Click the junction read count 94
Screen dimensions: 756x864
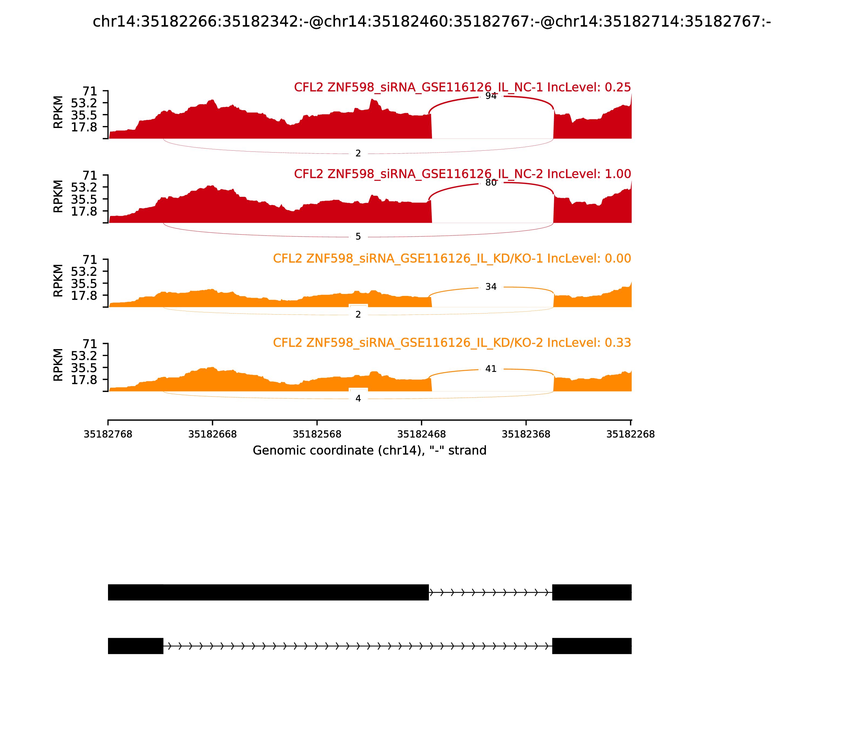click(x=491, y=96)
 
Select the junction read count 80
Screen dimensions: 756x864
click(x=491, y=183)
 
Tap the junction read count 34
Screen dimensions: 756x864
click(x=491, y=287)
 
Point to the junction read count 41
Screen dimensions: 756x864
click(x=491, y=369)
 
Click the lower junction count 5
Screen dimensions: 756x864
click(x=358, y=237)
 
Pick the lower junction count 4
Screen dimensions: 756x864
click(x=358, y=399)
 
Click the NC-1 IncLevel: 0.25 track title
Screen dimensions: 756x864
click(x=462, y=87)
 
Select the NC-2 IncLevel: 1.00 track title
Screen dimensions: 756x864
click(x=462, y=174)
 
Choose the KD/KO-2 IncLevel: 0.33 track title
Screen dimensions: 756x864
click(x=451, y=343)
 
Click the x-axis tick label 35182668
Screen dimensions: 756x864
click(x=212, y=434)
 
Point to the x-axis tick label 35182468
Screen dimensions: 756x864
click(x=421, y=434)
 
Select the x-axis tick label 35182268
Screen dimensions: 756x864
click(x=630, y=434)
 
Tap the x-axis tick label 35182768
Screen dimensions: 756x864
click(x=108, y=434)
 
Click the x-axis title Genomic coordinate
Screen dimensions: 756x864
click(x=370, y=451)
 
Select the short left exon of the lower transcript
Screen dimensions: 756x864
click(x=136, y=646)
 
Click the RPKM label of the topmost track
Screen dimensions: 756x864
click(x=58, y=112)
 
